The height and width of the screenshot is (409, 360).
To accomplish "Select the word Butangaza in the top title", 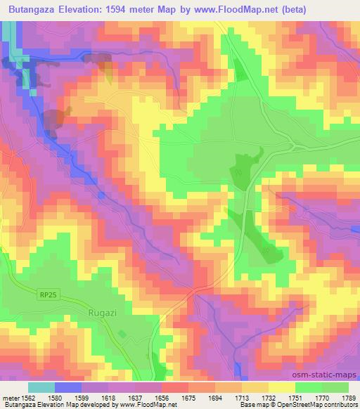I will pos(39,9).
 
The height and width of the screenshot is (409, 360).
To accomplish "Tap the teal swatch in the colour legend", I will pos(41,387).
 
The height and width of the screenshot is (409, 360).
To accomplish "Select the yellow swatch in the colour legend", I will pos(282,387).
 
